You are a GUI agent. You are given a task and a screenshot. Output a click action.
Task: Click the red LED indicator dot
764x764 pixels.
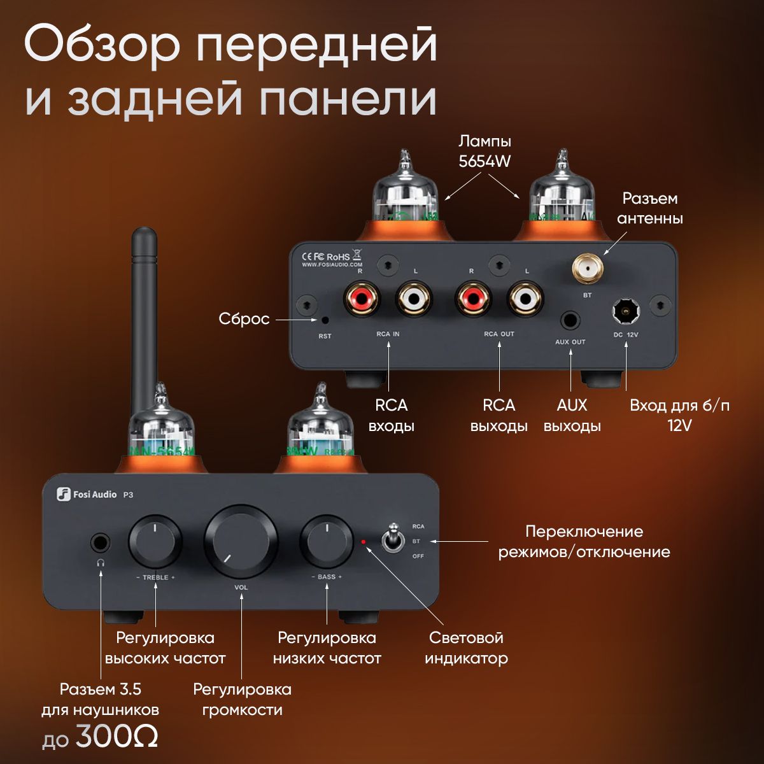(x=364, y=542)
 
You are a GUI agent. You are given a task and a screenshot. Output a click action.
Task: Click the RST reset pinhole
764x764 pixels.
(x=325, y=320)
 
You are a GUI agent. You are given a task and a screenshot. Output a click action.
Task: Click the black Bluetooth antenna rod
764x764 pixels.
(x=143, y=306)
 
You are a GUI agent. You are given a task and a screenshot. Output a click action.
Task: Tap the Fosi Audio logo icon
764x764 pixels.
(x=63, y=494)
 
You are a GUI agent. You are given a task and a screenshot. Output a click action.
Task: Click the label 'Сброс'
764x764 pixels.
(x=244, y=319)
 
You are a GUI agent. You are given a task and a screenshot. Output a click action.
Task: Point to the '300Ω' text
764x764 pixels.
(x=117, y=738)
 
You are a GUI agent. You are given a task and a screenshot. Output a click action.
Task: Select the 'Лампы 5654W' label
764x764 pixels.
(x=485, y=151)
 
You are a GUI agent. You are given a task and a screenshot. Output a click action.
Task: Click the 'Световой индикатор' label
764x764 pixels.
(x=466, y=647)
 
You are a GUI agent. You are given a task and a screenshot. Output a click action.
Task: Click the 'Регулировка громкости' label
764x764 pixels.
(x=242, y=699)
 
